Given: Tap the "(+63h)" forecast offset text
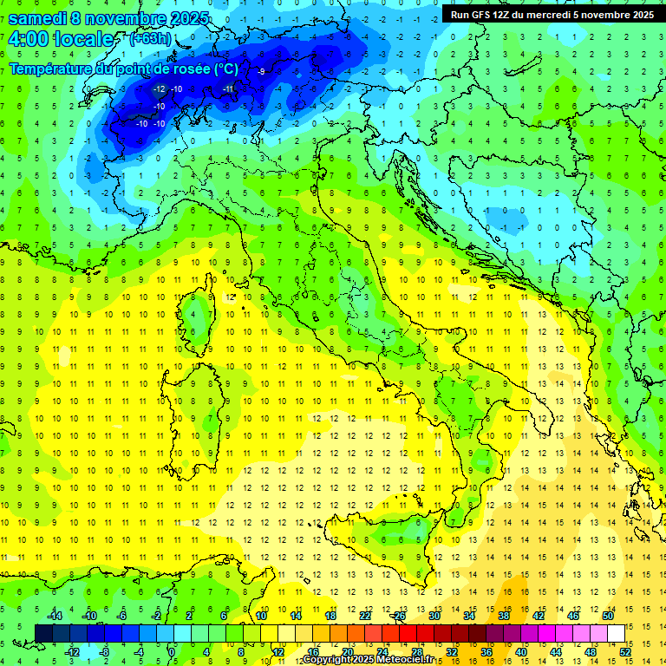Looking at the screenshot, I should click(150, 38).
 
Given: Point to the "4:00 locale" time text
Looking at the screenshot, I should click(61, 39).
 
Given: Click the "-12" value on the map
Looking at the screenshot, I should click(160, 89).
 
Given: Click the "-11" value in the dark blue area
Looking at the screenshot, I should click(229, 89).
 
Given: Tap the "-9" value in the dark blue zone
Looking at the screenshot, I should click(261, 71).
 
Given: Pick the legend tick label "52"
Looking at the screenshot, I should click(624, 651).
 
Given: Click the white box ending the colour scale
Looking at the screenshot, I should click(616, 633).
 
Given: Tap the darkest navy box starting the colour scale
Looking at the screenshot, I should click(44, 633).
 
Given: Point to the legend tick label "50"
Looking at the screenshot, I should click(607, 615).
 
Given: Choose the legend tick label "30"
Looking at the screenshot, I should click(434, 615).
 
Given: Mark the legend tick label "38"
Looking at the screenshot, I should click(503, 615).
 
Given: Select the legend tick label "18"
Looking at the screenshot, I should click(330, 615).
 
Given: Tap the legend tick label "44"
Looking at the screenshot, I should click(555, 651).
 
